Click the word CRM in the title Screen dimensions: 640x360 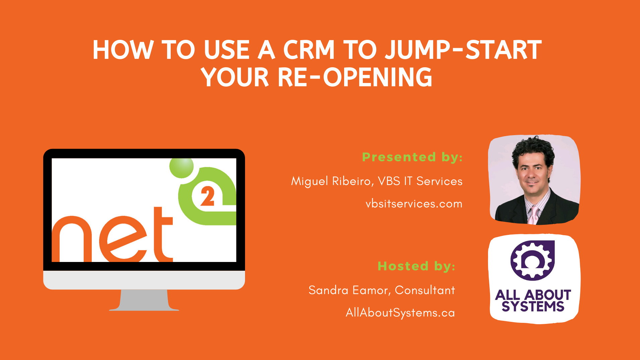309,50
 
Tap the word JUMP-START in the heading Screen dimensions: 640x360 463,50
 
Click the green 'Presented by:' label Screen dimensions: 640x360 412,157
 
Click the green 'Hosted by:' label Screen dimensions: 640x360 416,266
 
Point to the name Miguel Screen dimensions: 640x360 310,181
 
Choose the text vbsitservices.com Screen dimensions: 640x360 414,204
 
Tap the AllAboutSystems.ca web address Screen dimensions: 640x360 400,312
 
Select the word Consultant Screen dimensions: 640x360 425,290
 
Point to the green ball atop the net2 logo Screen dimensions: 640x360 181,168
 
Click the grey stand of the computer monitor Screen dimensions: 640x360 144,300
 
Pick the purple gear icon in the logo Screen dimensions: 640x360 532,260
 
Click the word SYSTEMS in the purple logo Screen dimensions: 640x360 533,306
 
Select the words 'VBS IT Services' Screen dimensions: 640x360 420,181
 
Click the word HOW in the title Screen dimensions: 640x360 123,50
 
